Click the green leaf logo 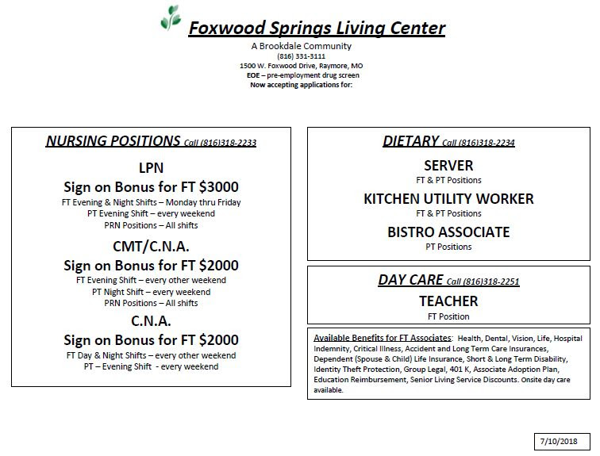point(170,18)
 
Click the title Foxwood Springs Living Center point(316,29)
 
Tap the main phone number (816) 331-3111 point(301,56)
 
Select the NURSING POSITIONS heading point(113,141)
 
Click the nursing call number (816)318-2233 point(228,144)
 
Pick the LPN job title point(151,167)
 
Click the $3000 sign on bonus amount point(219,187)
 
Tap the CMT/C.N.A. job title point(151,246)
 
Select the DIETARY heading point(410,141)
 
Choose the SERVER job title point(448,165)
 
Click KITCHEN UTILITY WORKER point(448,198)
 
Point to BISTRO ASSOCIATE point(448,232)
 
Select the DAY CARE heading point(410,280)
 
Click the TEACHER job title point(448,301)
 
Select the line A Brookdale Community point(301,46)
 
